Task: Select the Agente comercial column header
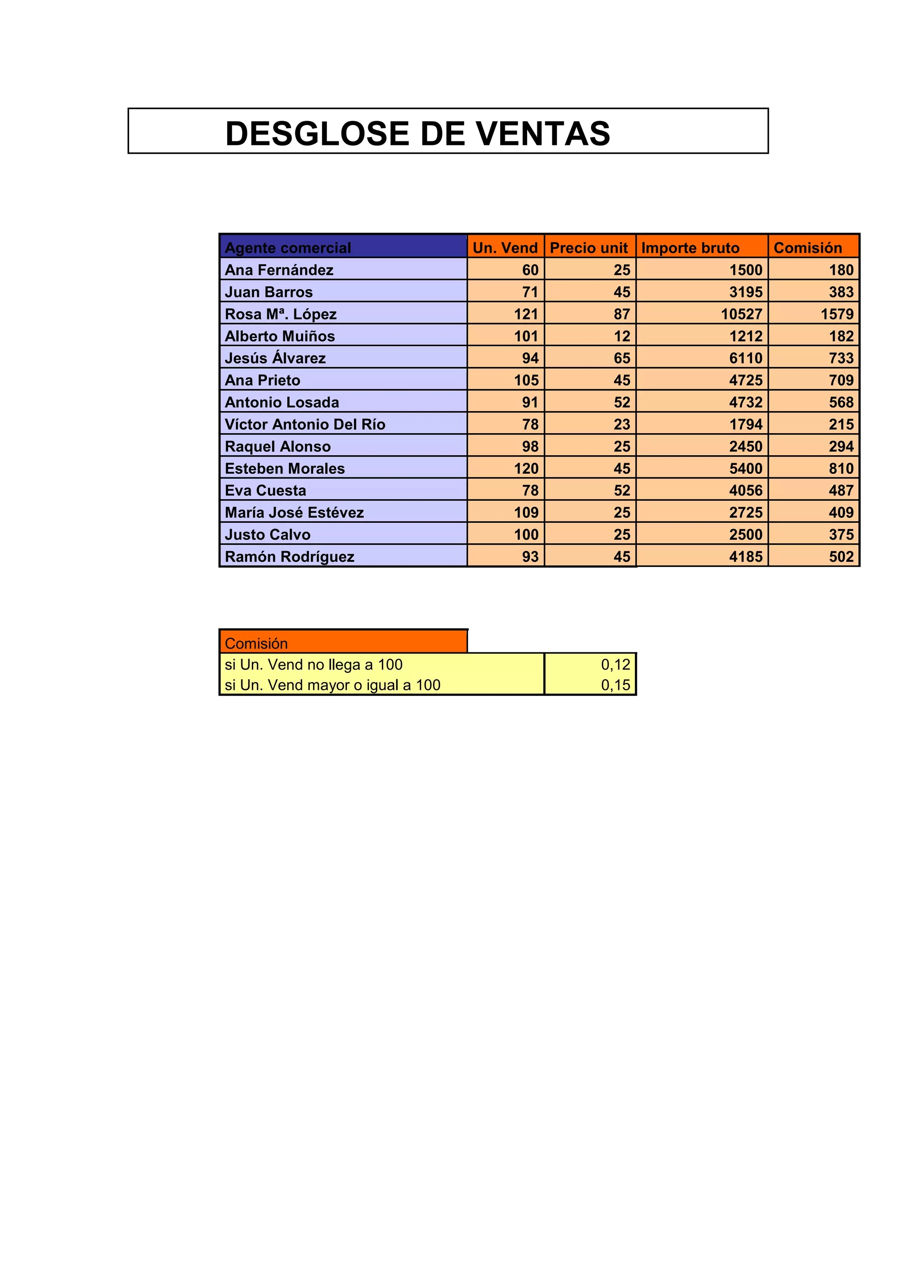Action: coord(288,248)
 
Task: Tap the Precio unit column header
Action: coord(589,248)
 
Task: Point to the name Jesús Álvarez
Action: coord(275,358)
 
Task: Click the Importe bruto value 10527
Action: coord(741,314)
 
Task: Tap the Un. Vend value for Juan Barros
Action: coord(530,292)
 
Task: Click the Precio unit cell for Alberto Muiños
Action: coord(622,336)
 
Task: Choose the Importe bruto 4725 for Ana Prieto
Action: coord(745,380)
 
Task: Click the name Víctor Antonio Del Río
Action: coord(305,424)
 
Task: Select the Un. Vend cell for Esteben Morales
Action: coord(526,469)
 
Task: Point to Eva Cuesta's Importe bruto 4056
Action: coord(745,491)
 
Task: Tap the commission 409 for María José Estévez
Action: coord(841,512)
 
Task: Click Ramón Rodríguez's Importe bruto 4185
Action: coord(745,556)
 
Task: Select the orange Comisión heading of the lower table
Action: coord(256,644)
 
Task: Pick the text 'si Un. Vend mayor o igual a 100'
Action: coord(332,685)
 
